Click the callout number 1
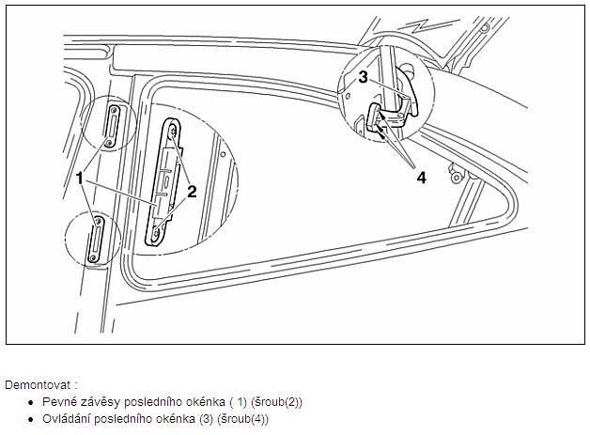click(79, 178)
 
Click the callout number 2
click(192, 192)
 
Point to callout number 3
click(363, 77)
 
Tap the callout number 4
click(422, 178)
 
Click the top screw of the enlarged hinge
click(173, 132)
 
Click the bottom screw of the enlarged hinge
click(155, 235)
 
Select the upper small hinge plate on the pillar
click(113, 126)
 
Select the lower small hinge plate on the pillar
click(95, 239)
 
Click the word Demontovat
click(38, 385)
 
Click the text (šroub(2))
click(276, 402)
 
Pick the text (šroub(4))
click(243, 419)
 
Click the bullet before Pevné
click(31, 403)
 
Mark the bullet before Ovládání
click(31, 420)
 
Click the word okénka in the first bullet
click(206, 402)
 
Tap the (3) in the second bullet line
click(206, 419)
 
